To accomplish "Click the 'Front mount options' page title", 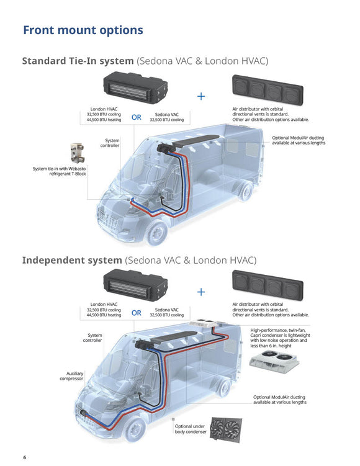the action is coord(83,30).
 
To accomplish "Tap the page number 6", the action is coord(25,457).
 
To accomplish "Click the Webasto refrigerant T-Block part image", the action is coord(77,153).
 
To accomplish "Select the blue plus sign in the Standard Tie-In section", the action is coord(201,96).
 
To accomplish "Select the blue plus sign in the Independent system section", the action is coord(201,292).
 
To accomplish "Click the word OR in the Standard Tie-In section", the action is coord(137,117).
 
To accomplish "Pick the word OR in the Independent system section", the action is coord(137,313).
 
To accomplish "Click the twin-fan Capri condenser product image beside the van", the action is coord(274,362).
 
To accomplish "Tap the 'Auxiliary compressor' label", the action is coord(71,376).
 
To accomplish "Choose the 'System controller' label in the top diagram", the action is coord(110,143).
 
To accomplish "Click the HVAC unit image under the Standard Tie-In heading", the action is coord(135,87).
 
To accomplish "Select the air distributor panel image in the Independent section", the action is coord(268,285).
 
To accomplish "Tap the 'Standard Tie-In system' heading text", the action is coord(78,61).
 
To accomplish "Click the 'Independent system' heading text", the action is coord(72,261).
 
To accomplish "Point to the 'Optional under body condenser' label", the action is coord(191,429).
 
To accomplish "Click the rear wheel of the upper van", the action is coord(246,191).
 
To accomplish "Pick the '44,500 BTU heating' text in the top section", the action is coord(104,120).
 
